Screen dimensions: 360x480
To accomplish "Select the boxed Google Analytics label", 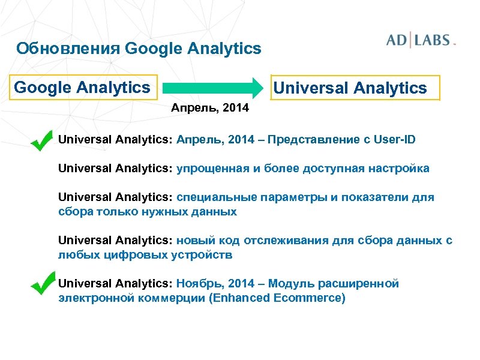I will (x=82, y=88).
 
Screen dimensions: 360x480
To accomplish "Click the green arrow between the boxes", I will (x=214, y=88).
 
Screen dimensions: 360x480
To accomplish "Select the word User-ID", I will (x=394, y=140).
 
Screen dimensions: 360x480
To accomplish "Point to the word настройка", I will (x=400, y=169).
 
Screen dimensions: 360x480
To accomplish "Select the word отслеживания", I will (x=284, y=241).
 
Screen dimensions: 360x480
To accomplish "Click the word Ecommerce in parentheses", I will (x=311, y=298).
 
